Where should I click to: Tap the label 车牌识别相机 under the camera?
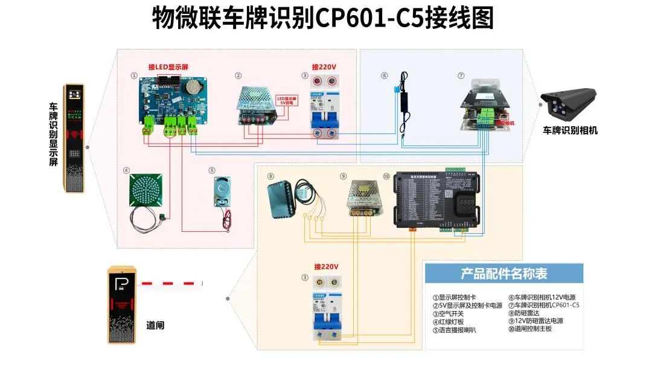point(570,130)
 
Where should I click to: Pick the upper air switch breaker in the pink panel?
point(324,106)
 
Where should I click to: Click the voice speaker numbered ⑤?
point(222,193)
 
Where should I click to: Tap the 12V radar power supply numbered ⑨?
point(365,197)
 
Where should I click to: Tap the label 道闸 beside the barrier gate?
point(155,325)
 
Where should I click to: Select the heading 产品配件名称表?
point(504,274)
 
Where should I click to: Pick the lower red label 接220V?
point(326,266)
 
